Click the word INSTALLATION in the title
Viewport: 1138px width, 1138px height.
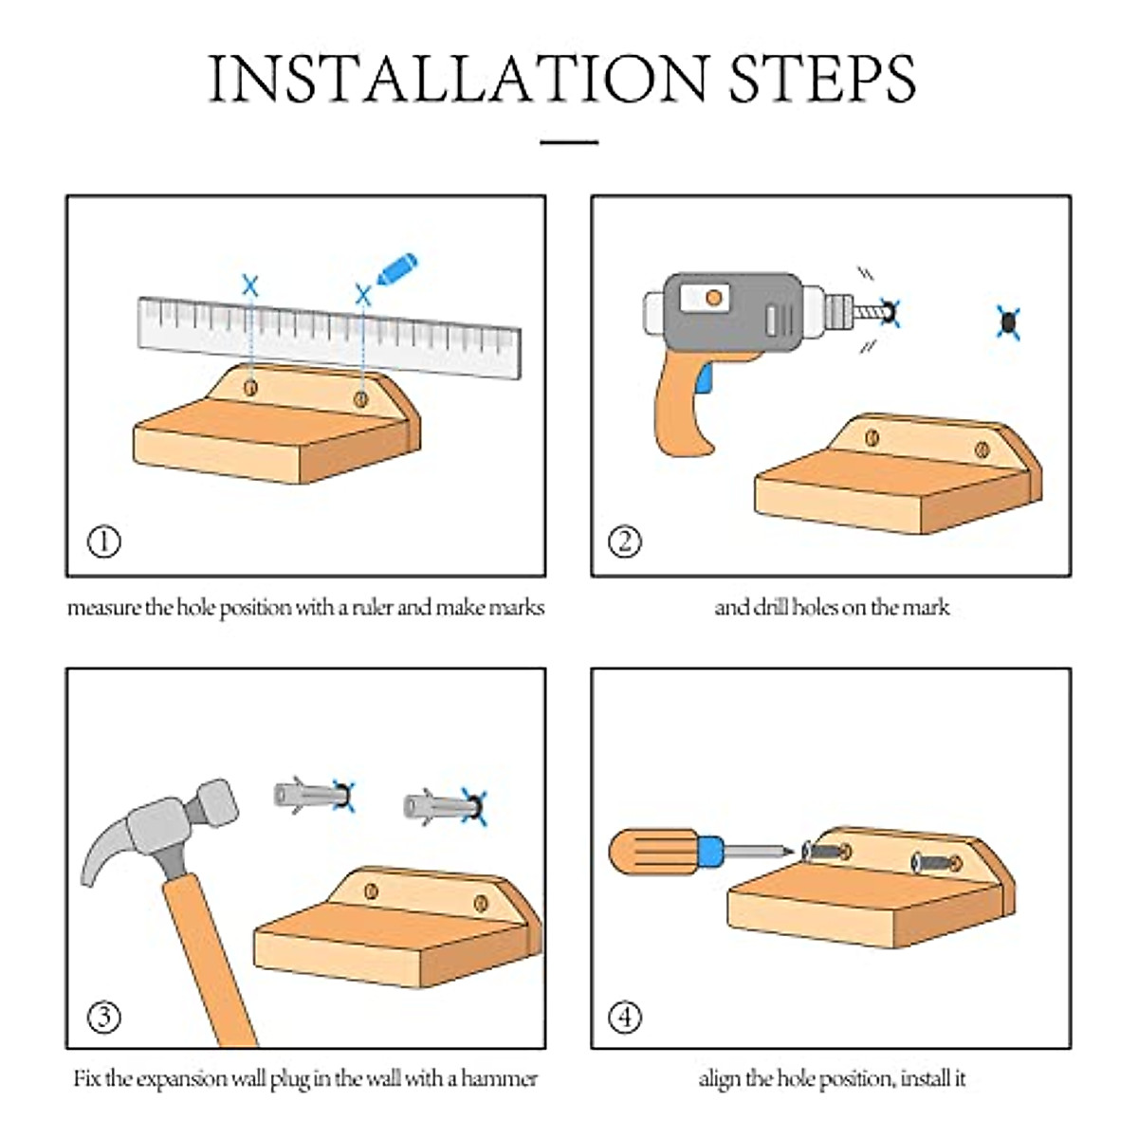458,79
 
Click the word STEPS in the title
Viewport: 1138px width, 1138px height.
822,79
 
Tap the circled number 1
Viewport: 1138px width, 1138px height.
104,541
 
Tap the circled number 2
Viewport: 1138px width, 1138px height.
624,541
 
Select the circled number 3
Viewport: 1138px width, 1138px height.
104,1017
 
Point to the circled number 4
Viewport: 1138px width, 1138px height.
624,1017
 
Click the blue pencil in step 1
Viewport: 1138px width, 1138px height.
396,269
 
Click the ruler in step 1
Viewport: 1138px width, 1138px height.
329,337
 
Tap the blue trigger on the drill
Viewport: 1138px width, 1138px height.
704,378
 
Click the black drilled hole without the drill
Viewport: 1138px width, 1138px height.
1009,322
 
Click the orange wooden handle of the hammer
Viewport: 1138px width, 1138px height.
210,963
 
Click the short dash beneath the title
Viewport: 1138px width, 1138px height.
569,141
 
